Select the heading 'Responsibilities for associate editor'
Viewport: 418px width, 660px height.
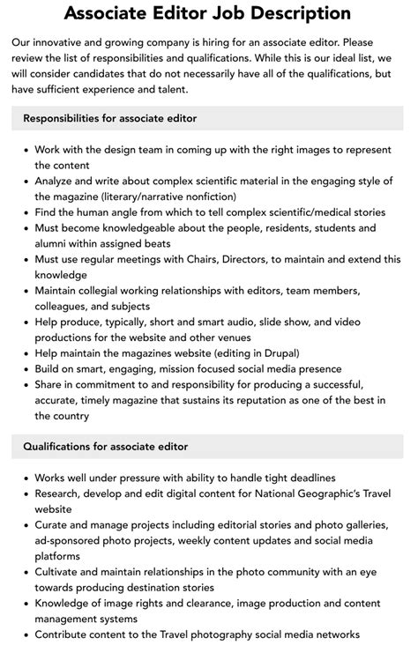110,118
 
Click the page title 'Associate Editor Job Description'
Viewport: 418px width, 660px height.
208,13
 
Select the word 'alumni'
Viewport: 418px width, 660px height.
54,243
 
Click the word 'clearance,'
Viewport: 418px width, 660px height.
218,604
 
